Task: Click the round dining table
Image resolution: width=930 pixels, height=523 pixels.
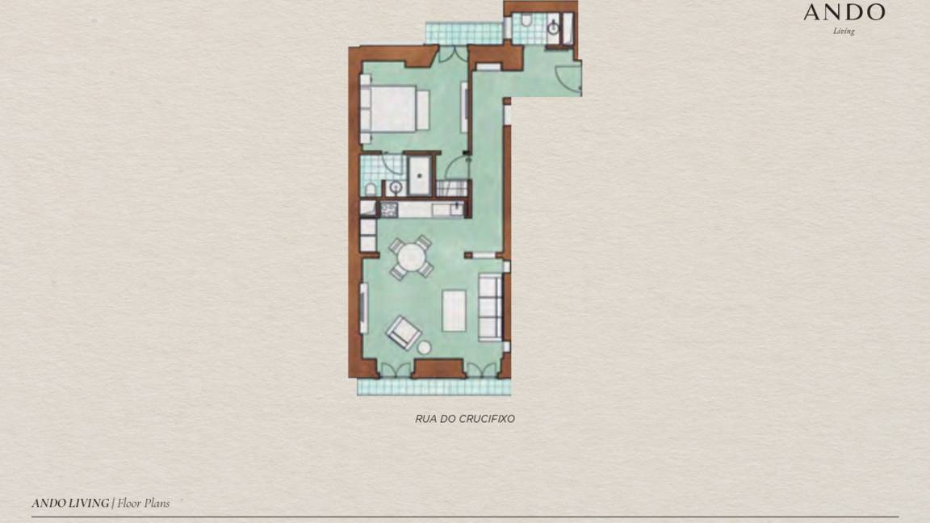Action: (411, 257)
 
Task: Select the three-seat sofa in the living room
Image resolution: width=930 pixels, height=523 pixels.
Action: (491, 308)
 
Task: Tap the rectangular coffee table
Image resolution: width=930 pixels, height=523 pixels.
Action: (454, 310)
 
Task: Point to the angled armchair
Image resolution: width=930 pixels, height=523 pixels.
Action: (404, 332)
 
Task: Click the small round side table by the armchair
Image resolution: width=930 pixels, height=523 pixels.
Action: (424, 348)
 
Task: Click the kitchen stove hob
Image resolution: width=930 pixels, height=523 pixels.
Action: (389, 209)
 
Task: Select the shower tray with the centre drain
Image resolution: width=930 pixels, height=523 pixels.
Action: (419, 175)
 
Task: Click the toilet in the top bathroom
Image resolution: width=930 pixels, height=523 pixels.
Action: (526, 21)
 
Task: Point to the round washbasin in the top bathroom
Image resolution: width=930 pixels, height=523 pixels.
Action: (553, 27)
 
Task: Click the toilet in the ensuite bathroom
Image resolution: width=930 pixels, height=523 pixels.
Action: (370, 189)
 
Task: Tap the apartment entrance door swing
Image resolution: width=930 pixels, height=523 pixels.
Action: (568, 79)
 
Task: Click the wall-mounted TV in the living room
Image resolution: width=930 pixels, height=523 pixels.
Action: (363, 308)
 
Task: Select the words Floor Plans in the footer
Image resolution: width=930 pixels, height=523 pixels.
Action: (143, 504)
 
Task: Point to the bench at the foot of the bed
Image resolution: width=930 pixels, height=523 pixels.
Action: (423, 111)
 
